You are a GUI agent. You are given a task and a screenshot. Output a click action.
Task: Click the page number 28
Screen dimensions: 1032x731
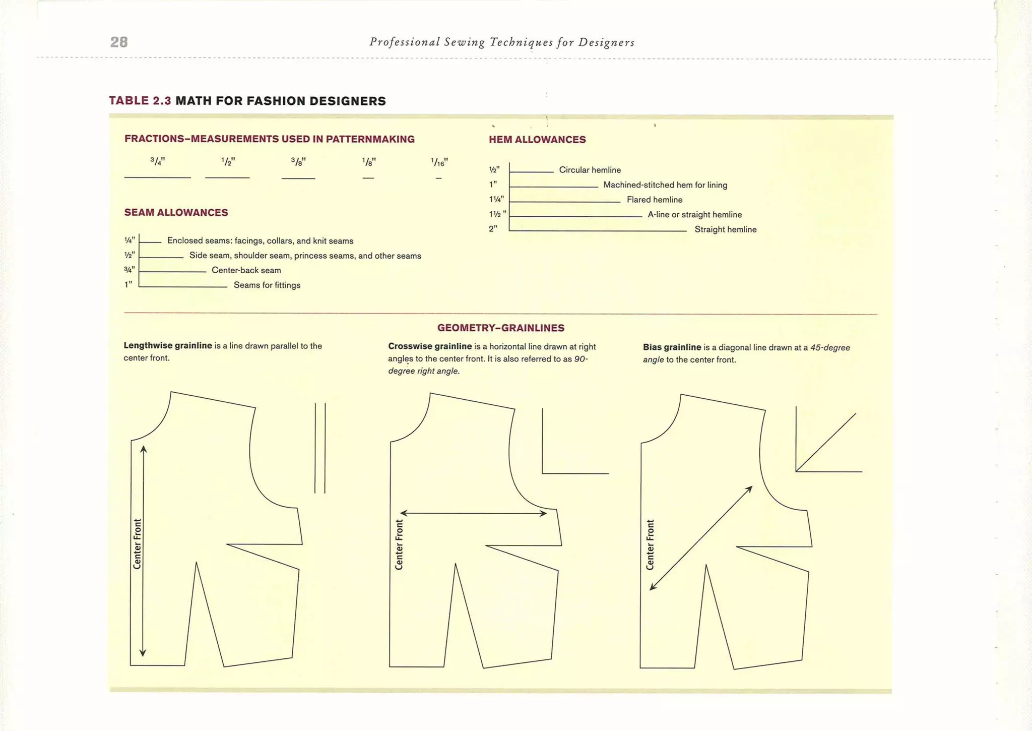coord(119,42)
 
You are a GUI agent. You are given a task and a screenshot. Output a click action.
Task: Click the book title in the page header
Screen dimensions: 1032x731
coord(502,42)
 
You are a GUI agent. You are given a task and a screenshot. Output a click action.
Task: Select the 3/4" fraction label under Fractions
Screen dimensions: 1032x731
coord(158,161)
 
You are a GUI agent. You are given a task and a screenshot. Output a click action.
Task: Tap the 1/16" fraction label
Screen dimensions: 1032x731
coord(439,162)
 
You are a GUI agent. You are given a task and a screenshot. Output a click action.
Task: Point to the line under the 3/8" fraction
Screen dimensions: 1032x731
coord(298,178)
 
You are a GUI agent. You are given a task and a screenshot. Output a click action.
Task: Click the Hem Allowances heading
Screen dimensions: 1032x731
coord(537,140)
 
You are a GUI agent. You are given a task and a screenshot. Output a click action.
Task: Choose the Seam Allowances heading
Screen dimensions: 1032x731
coord(176,213)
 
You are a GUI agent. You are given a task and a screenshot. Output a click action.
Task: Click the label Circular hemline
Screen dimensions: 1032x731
coord(590,170)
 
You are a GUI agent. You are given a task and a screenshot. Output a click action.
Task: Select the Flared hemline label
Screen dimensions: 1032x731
coord(655,200)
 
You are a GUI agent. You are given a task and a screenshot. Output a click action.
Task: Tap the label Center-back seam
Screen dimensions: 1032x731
coord(246,270)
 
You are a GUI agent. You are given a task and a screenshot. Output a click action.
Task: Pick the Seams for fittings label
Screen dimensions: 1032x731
coord(267,285)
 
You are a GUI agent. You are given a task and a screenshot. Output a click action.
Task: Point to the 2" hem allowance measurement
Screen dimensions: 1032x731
coord(493,229)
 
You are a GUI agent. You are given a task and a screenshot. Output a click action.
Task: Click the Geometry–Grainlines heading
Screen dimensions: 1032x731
coord(501,328)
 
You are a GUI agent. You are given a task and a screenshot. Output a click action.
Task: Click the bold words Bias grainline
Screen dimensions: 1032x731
coord(672,347)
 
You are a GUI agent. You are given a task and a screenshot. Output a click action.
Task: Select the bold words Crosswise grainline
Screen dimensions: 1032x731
coord(430,346)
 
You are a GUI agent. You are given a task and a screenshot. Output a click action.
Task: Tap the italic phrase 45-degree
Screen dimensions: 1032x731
coord(830,347)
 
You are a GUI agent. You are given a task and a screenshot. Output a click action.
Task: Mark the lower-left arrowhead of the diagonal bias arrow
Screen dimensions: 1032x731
coord(652,587)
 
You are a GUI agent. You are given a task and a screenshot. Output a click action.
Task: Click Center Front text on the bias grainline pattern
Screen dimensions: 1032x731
coord(650,545)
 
